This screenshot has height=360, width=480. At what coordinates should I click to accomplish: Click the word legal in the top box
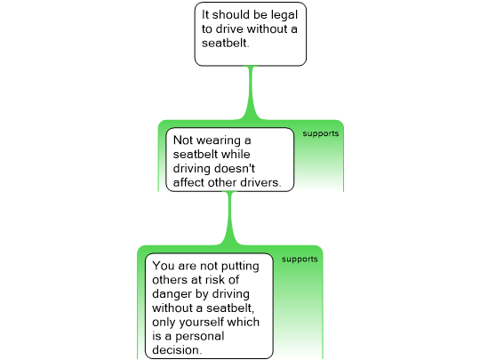tap(284, 15)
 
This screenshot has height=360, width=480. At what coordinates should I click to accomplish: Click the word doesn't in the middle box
tap(234, 168)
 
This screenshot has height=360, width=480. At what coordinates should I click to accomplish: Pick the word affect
tap(188, 182)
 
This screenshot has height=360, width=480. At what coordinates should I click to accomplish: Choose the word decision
tap(177, 349)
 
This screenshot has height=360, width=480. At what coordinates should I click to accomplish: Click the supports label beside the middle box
tap(321, 133)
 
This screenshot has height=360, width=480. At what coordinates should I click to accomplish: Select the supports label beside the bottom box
tap(300, 260)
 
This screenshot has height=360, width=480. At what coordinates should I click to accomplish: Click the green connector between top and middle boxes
tap(251, 92)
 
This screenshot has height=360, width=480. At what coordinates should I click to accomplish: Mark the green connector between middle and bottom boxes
tap(230, 219)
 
